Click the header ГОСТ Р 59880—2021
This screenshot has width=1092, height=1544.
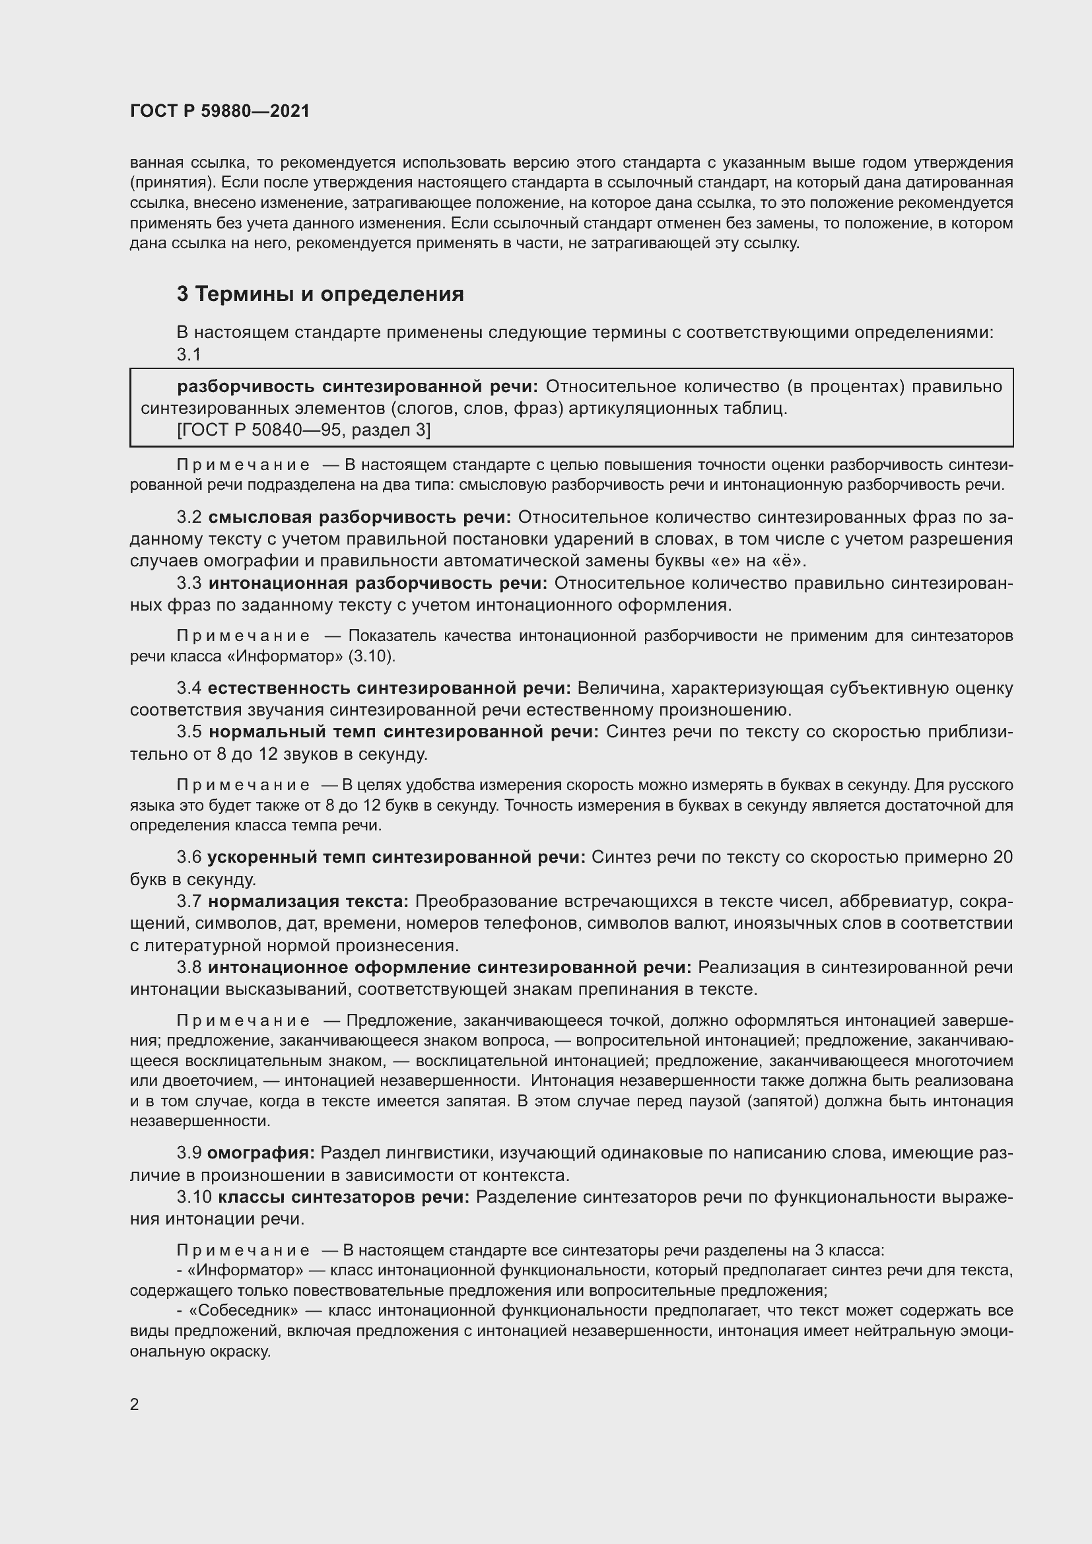(220, 111)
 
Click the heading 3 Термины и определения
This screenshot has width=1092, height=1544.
(320, 294)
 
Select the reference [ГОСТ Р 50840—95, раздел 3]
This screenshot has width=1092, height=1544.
(304, 430)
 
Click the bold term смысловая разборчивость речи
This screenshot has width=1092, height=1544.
(360, 517)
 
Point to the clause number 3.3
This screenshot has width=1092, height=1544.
(189, 583)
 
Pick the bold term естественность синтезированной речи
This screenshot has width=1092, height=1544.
(389, 688)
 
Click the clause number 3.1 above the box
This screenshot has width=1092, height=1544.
(189, 354)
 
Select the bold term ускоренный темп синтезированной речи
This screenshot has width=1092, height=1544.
(396, 857)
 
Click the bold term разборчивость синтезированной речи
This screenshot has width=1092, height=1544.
(358, 386)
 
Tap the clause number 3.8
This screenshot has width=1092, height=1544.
(189, 967)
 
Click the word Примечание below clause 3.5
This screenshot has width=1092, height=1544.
(244, 785)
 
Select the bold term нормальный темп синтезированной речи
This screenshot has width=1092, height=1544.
(403, 731)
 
